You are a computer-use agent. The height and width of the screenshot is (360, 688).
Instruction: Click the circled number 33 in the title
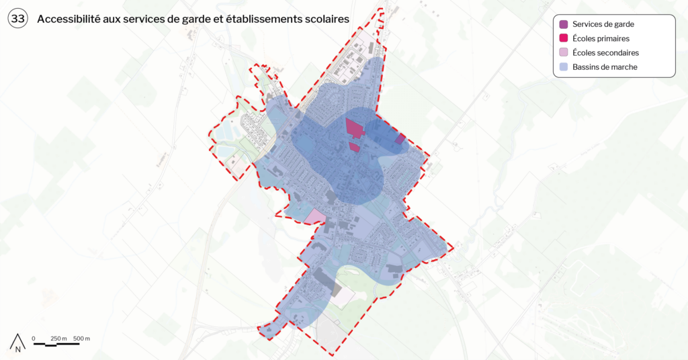[18, 19]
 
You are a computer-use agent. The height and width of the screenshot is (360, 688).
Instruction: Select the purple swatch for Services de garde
[564, 24]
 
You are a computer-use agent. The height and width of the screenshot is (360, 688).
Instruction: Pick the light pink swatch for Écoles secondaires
[564, 52]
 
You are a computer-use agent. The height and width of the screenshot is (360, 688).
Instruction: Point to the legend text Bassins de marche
[605, 66]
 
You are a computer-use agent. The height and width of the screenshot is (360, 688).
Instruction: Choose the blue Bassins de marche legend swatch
[564, 66]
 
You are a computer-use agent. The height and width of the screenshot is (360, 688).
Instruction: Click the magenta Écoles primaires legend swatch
[564, 38]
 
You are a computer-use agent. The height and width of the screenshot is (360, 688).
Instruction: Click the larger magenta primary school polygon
[353, 128]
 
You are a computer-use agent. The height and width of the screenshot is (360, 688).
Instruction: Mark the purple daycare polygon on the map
[400, 139]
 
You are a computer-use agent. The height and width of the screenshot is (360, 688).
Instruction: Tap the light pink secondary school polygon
[314, 217]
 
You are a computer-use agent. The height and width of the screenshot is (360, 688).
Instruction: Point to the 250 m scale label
[59, 338]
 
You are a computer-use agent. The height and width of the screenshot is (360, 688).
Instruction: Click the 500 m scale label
[82, 338]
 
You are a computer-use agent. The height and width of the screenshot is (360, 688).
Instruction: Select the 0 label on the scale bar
[34, 338]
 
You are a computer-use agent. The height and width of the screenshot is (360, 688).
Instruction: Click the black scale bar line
[56, 344]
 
